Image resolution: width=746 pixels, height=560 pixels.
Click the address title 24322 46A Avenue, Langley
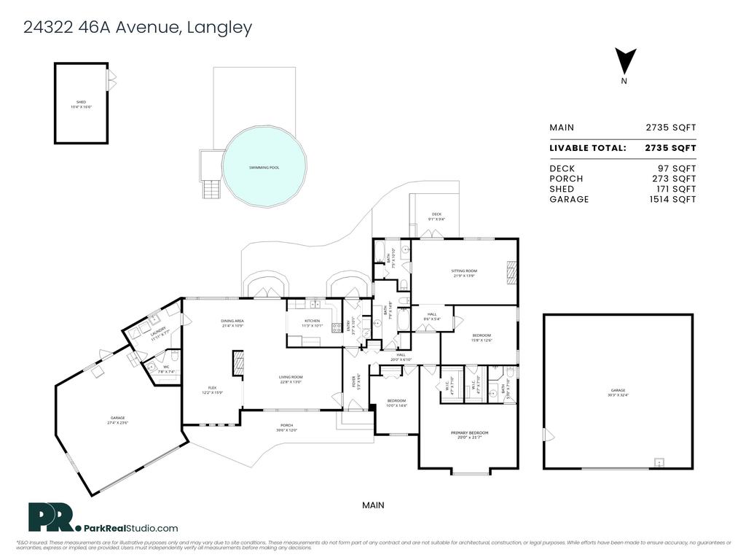(138, 28)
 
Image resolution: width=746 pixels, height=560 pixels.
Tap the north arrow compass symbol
(625, 60)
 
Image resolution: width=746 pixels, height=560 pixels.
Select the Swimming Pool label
(264, 168)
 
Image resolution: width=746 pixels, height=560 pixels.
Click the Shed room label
(81, 104)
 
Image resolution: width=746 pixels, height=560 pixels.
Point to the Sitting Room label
(464, 273)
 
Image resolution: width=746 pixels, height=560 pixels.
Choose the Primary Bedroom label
(469, 435)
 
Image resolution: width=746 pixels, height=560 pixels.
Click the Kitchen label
(312, 323)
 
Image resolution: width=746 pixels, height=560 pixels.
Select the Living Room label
(291, 379)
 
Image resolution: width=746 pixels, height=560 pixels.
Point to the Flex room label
(212, 390)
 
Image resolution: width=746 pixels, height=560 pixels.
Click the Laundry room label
(160, 330)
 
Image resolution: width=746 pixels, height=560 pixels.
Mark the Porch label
(287, 428)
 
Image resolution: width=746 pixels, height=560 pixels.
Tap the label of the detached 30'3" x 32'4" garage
(618, 392)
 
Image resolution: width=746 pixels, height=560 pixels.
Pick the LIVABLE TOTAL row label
(587, 148)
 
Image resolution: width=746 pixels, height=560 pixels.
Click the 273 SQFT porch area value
(673, 179)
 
